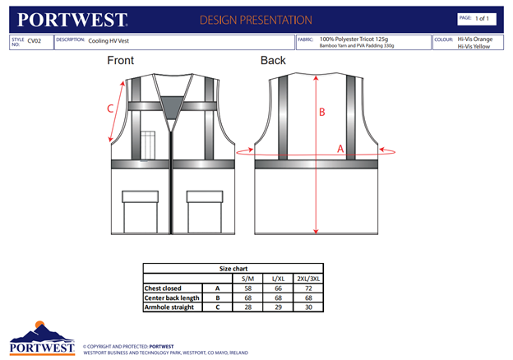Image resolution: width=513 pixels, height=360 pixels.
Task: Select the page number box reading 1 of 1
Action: coord(478,18)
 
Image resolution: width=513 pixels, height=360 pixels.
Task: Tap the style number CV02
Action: coord(34,39)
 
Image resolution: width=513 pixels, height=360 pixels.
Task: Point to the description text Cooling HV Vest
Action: coord(109,39)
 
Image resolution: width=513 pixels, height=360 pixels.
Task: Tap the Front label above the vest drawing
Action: coord(120,61)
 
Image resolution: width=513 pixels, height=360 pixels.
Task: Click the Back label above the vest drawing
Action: coord(273,61)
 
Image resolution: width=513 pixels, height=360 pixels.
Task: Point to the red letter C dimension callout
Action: coord(110,108)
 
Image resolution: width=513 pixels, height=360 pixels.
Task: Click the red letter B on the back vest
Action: coord(322,112)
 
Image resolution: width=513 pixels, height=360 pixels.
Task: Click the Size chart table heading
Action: coord(233,268)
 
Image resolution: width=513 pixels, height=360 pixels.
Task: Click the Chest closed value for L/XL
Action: coord(278,288)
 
